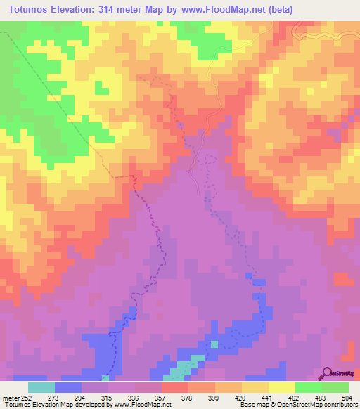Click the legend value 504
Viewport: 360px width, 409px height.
click(347, 396)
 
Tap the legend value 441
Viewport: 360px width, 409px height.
click(269, 396)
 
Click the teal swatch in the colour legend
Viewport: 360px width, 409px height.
click(41, 387)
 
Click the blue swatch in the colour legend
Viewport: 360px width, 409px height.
click(67, 387)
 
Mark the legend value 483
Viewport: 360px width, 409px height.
click(322, 396)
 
